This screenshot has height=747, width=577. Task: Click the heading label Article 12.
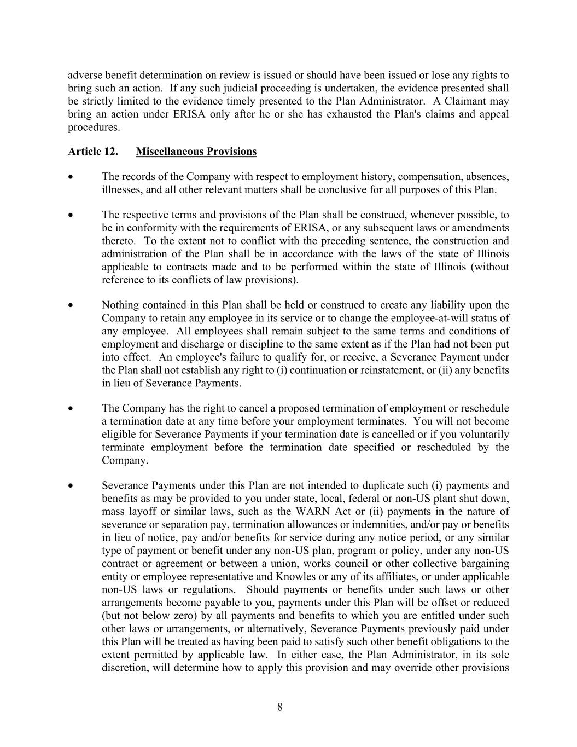[x=92, y=152]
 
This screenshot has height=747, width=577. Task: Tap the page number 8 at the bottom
[x=280, y=707]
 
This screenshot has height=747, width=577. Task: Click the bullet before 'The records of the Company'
[x=70, y=177]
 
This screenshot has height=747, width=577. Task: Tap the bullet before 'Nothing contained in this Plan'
[x=70, y=305]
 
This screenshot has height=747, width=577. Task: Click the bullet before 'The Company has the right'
[x=70, y=408]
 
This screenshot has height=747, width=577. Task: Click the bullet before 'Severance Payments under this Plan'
[x=70, y=485]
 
